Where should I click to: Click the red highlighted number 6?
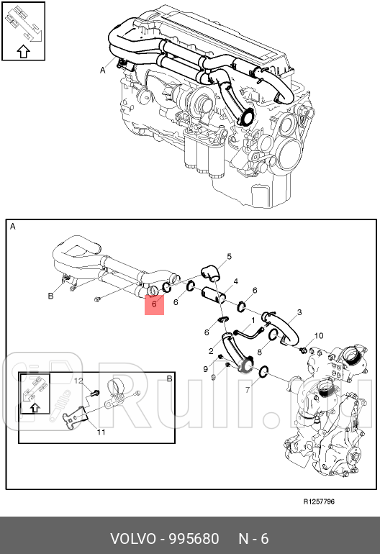coord(154,304)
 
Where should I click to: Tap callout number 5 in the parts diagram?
coord(229,257)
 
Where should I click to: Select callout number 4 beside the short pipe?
coord(236,281)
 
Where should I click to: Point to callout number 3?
coord(299,312)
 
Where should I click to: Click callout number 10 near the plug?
coord(320,336)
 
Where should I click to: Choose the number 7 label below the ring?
coord(247,390)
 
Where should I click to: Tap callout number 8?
coord(260,352)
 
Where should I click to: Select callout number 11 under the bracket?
coord(101,432)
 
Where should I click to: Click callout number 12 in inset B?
coord(80,381)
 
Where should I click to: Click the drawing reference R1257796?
coord(317,501)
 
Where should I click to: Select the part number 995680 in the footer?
coord(194,539)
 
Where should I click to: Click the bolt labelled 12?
coord(95,393)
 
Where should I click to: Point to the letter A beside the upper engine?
coord(103,71)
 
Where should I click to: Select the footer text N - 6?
coord(253,539)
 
